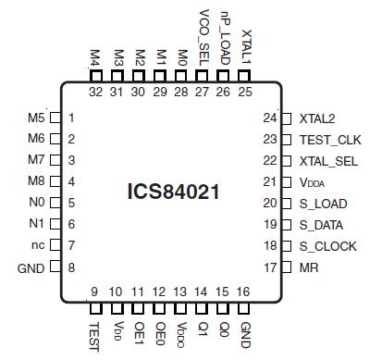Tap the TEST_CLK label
(330, 140)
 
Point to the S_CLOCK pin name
(329, 246)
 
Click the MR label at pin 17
(310, 267)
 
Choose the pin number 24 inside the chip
(269, 118)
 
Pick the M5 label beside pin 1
(35, 118)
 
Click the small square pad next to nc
(55, 246)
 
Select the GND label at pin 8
(31, 267)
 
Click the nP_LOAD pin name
(224, 36)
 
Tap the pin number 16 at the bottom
(244, 292)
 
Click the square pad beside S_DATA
(286, 225)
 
